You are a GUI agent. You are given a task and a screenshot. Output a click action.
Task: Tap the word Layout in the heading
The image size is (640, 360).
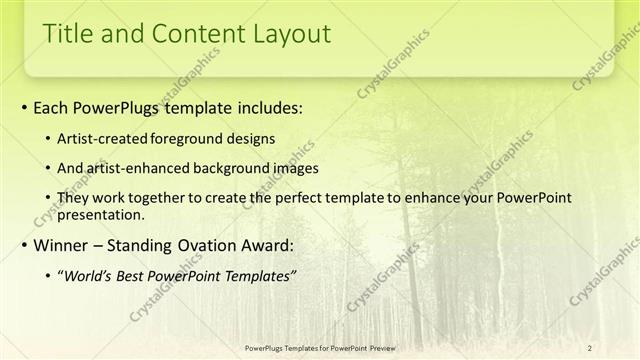tap(284, 33)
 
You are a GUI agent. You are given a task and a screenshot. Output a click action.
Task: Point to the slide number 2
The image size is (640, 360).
tap(590, 347)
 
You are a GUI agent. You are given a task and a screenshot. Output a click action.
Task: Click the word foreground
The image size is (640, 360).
tap(194, 137)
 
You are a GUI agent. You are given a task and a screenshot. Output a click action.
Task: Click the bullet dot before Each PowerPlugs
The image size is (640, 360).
tap(24, 107)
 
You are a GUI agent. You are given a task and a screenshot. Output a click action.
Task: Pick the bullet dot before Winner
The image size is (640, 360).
tap(24, 246)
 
